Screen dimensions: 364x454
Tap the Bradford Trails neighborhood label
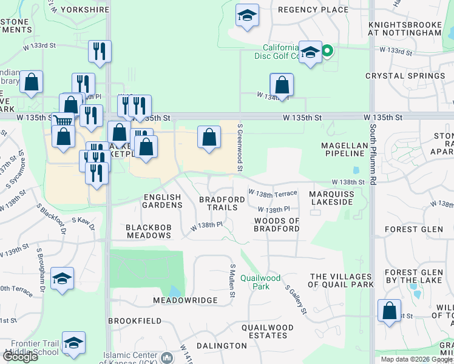(218, 203)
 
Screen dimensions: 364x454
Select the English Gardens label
(163, 201)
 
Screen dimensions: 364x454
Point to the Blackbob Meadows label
(148, 231)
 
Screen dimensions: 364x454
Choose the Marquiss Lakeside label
(331, 198)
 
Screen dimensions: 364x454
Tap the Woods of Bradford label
(277, 224)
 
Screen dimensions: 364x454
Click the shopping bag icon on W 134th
(282, 84)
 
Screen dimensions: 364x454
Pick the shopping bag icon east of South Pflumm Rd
(389, 311)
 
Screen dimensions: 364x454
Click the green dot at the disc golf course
(328, 52)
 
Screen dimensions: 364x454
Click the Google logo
(21, 357)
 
